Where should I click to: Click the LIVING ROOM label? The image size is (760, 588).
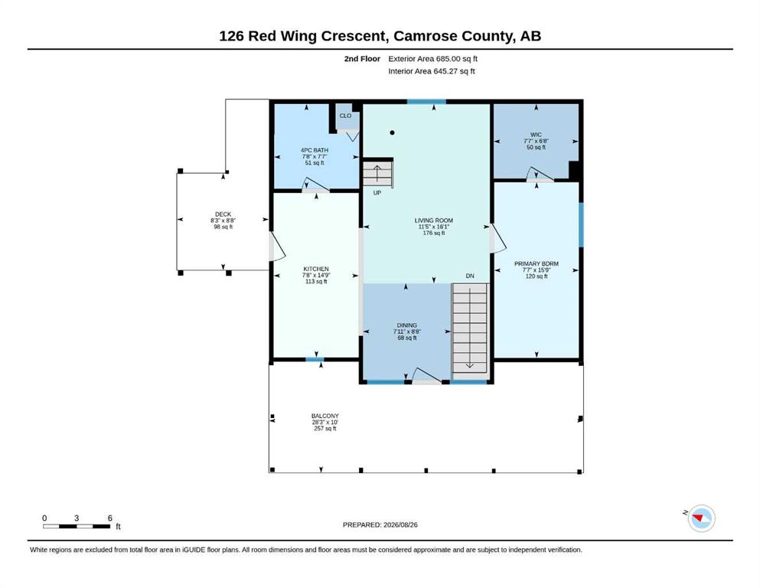click(434, 220)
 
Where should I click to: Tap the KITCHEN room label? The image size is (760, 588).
click(316, 269)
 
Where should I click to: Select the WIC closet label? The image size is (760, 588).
click(536, 135)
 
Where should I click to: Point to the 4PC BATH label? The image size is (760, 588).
click(315, 150)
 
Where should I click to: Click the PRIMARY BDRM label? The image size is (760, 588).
click(537, 263)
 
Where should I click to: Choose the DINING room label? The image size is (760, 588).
click(407, 325)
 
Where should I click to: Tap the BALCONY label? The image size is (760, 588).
click(325, 416)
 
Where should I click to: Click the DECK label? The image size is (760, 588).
click(223, 214)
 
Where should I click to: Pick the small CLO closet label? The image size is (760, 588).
click(346, 116)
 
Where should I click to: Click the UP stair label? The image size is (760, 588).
click(377, 193)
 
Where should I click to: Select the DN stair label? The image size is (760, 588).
click(470, 276)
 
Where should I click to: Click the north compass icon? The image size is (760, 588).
click(701, 518)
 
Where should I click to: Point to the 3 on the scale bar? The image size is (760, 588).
click(77, 518)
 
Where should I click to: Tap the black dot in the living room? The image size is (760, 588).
click(392, 132)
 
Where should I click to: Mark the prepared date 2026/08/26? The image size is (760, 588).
click(400, 524)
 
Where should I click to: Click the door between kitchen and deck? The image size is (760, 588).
click(276, 247)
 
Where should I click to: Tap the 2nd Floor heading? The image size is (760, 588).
click(362, 59)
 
